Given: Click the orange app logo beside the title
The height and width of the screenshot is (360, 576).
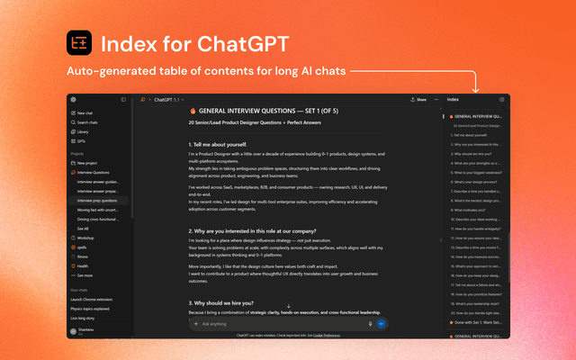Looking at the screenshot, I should click(x=79, y=43).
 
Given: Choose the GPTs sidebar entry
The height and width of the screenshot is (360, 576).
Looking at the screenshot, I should click(x=82, y=141).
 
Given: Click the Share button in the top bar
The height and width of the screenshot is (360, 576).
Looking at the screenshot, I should click(x=418, y=99).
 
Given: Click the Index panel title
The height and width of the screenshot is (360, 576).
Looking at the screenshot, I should click(x=453, y=99).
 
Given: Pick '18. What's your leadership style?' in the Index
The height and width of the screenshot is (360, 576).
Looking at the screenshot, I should click(x=477, y=304).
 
